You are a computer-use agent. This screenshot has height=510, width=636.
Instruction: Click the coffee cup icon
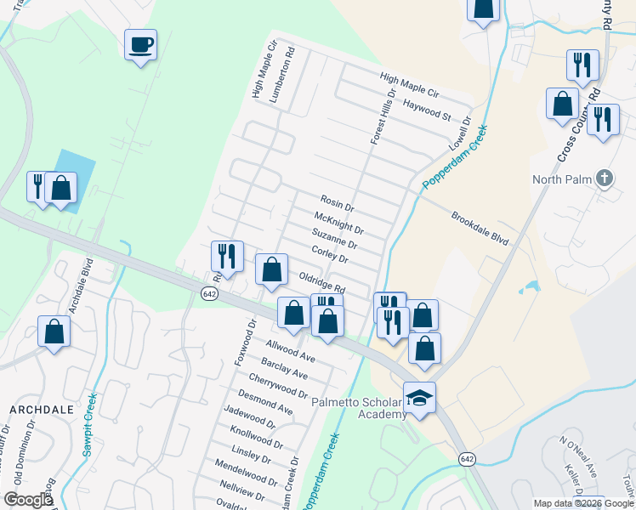(x=140, y=45)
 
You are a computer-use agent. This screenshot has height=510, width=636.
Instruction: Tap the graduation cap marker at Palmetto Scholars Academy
(x=418, y=397)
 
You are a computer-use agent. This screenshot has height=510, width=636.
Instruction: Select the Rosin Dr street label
(x=337, y=203)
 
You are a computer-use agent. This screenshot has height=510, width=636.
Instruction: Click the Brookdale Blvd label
(x=480, y=229)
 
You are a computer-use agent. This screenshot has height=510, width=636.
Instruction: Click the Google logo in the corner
(x=28, y=500)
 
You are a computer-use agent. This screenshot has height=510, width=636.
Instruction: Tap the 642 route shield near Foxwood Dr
(x=209, y=292)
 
